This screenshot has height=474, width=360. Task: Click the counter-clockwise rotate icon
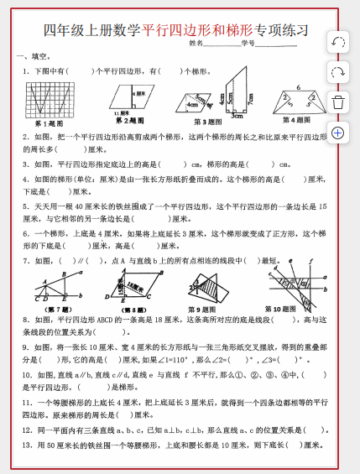click(337, 42)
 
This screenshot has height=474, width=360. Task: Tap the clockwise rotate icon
click(337, 72)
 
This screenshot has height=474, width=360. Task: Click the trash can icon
click(337, 102)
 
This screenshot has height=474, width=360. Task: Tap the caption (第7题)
click(50, 310)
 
